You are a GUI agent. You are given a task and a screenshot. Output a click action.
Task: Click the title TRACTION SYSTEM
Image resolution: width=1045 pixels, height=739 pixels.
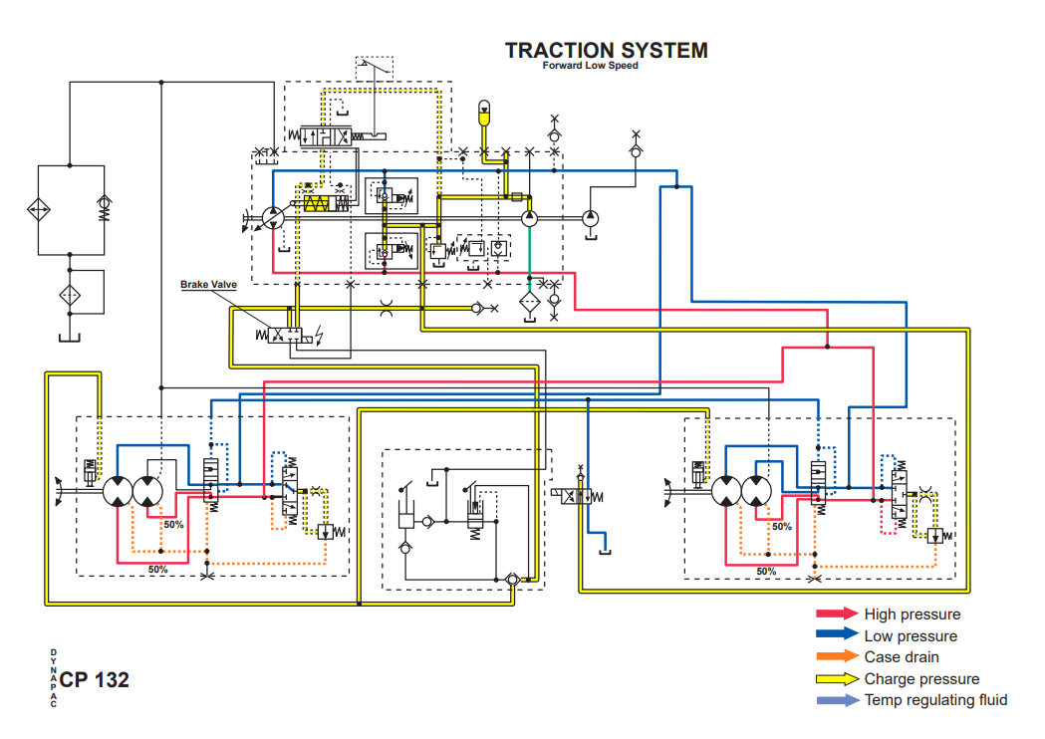coord(606,50)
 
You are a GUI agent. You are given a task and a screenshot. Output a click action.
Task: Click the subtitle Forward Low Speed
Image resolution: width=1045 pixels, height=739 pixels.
coord(591,67)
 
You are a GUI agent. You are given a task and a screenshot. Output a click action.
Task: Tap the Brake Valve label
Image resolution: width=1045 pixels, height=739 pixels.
coord(208,285)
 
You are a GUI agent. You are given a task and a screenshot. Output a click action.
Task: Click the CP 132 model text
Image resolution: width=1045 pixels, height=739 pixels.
coord(94,680)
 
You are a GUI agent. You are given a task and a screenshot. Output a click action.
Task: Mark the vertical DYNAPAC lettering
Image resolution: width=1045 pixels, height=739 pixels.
coord(53,678)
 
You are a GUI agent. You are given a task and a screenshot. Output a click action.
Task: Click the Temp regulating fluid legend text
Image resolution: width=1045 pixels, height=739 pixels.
coord(935,700)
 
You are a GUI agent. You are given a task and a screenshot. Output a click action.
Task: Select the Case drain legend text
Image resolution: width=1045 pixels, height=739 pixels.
coord(902,657)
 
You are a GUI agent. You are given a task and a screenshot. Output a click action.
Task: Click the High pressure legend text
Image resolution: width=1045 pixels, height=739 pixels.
coord(912,615)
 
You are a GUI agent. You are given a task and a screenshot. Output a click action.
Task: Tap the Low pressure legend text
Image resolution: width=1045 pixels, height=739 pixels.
coord(911,636)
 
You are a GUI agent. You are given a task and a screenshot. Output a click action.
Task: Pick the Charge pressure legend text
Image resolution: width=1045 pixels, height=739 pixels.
coord(921,679)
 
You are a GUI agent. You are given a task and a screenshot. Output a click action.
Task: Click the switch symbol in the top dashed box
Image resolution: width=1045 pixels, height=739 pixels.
coord(375,69)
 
